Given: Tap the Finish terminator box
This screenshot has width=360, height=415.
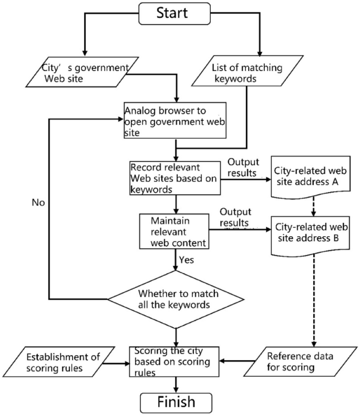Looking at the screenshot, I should tap(176, 402).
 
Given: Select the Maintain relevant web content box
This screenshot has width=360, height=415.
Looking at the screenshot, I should tap(174, 230).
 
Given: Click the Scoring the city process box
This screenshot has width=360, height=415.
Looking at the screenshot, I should tap(174, 361).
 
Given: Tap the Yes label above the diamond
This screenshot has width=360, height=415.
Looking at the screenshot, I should tap(187, 260).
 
